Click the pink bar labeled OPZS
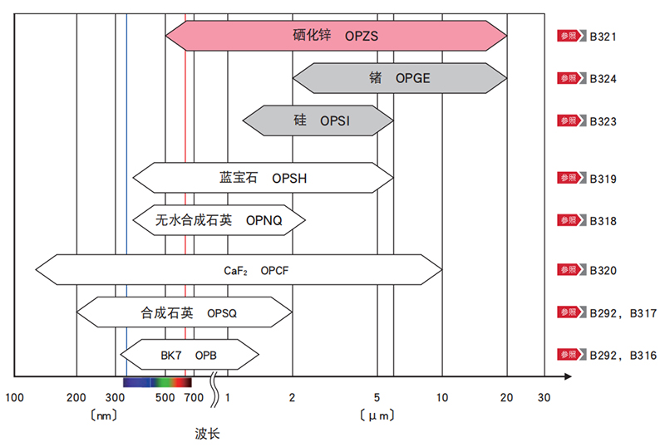(x=336, y=36)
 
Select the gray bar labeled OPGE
(x=399, y=79)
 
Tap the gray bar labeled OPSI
(x=318, y=121)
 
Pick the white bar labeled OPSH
(x=264, y=178)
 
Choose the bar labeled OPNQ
(x=219, y=220)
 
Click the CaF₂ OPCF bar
(x=239, y=271)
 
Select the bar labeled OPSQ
(x=185, y=313)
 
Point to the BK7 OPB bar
(x=190, y=356)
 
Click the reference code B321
(x=603, y=37)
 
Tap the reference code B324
(x=603, y=79)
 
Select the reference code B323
(x=603, y=121)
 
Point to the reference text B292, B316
(x=623, y=356)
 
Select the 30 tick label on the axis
(x=544, y=398)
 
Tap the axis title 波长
(x=208, y=433)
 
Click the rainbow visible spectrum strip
(x=157, y=382)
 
